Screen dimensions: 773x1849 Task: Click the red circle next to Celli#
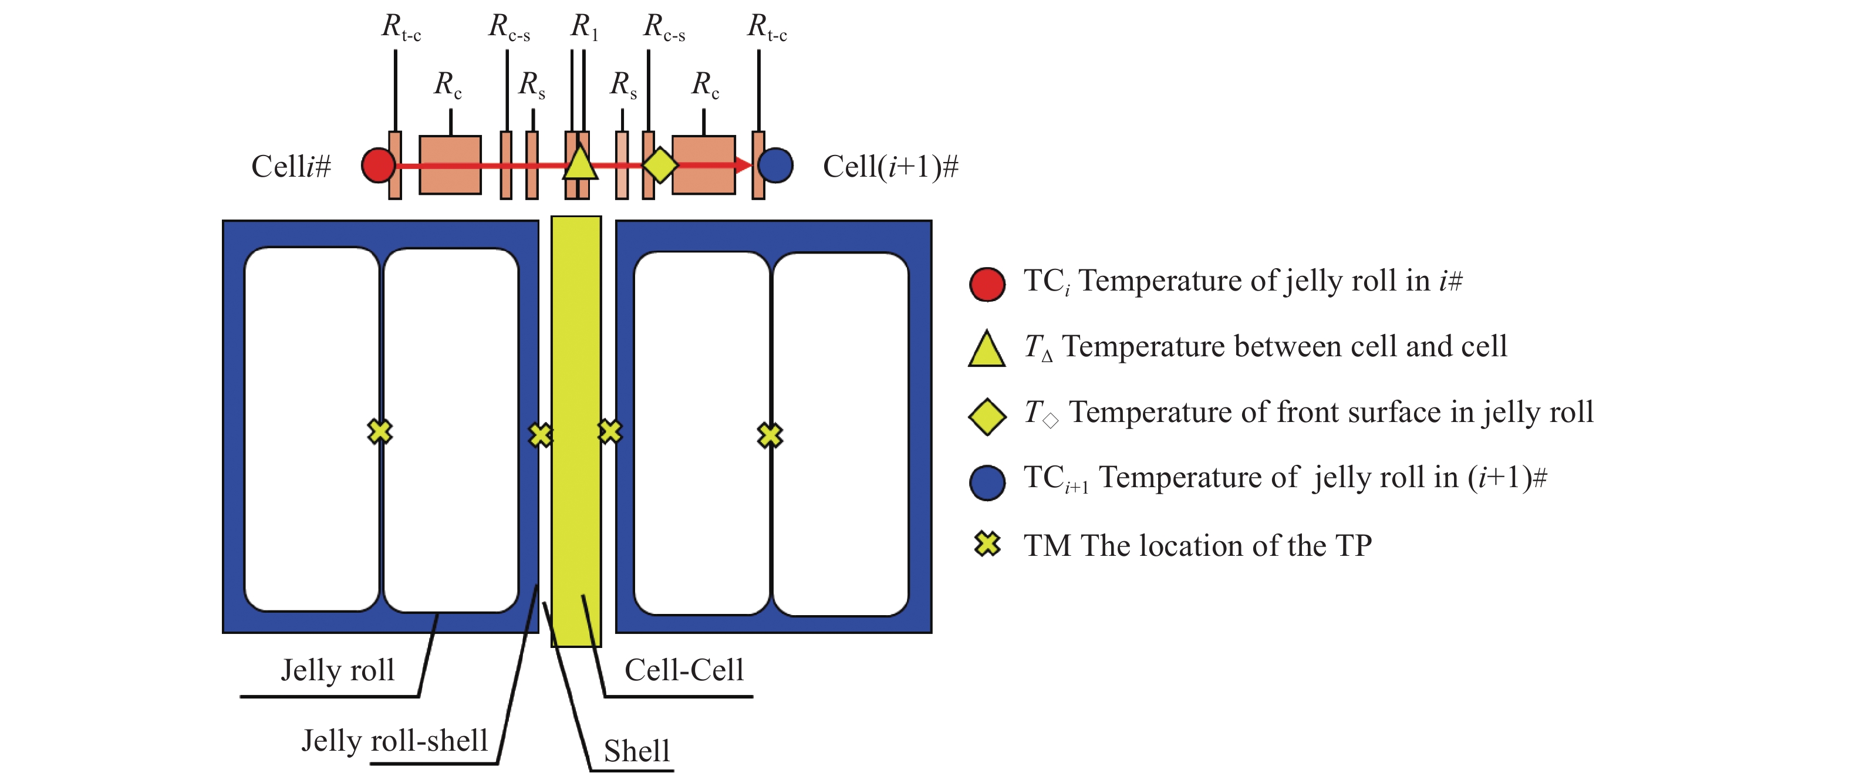(378, 165)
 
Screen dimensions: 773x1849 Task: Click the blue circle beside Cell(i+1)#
(776, 165)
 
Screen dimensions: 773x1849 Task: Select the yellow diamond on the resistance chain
(660, 164)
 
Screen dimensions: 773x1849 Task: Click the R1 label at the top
(584, 27)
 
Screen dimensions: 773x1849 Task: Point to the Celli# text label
(291, 167)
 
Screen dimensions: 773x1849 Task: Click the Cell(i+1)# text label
(890, 167)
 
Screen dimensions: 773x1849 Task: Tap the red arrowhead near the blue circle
(743, 165)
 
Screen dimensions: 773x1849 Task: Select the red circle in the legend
(987, 284)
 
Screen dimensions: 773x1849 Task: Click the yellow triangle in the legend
(987, 350)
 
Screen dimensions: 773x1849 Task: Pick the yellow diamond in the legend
(987, 416)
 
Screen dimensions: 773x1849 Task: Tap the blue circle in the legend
(987, 482)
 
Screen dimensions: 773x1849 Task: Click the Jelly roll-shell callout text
(395, 741)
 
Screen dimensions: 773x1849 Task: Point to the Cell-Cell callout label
(684, 670)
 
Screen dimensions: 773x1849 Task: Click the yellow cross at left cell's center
(380, 431)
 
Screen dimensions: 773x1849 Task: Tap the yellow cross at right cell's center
(770, 435)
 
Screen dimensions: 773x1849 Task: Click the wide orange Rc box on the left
(450, 165)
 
